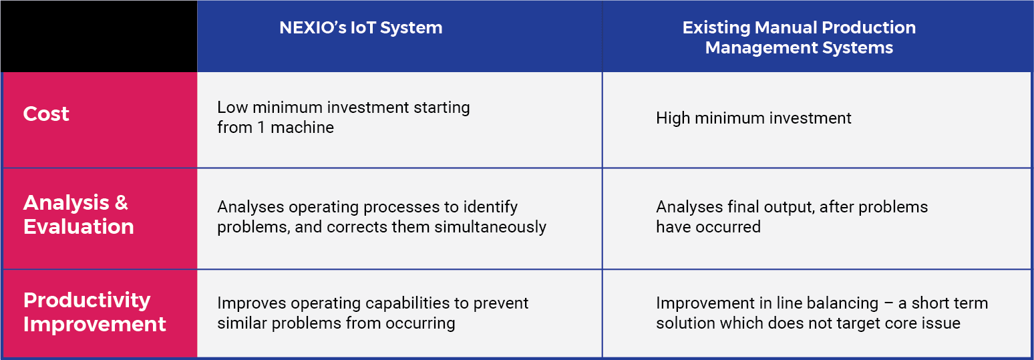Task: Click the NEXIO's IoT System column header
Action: pyautogui.click(x=361, y=28)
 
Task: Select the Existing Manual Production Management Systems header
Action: pyautogui.click(x=799, y=37)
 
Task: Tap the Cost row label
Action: pyautogui.click(x=46, y=114)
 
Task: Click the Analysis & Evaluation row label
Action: pyautogui.click(x=78, y=214)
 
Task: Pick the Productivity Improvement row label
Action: pyautogui.click(x=94, y=312)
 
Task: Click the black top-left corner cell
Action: pyautogui.click(x=99, y=36)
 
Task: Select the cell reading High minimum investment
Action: pyautogui.click(x=753, y=118)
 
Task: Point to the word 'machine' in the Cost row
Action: pyautogui.click(x=305, y=128)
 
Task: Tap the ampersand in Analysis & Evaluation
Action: pyautogui.click(x=121, y=203)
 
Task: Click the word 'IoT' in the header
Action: pyautogui.click(x=374, y=28)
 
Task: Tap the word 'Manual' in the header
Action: pyautogui.click(x=783, y=28)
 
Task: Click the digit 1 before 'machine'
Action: pyautogui.click(x=261, y=128)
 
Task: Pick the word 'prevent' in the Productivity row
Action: pyautogui.click(x=501, y=303)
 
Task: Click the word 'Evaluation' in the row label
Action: pyautogui.click(x=78, y=226)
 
